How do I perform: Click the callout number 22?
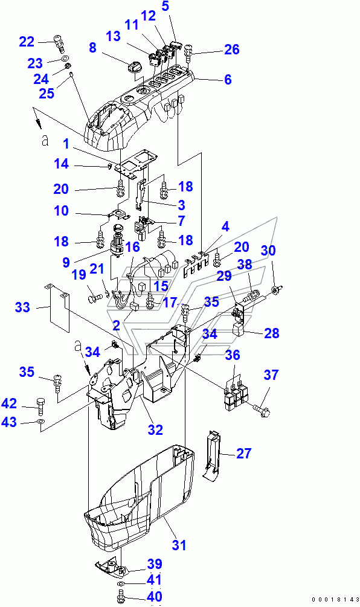pos(27,42)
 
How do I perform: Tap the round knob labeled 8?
pos(133,66)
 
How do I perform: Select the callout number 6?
pos(228,79)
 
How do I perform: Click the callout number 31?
pos(179,545)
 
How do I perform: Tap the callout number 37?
pos(271,374)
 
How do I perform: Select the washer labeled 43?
pos(40,421)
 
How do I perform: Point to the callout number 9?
pos(66,263)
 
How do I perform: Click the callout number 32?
pos(155,429)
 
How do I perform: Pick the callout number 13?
pos(114,36)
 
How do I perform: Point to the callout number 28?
pos(271,333)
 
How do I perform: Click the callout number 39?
pos(155,564)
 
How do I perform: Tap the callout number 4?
pos(225,226)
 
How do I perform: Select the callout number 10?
pos(61,211)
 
